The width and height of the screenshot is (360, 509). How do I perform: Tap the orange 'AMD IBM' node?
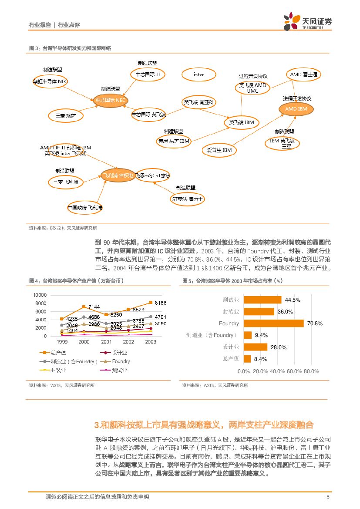click(x=296, y=109)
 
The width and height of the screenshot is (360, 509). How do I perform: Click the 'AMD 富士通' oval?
click(x=304, y=74)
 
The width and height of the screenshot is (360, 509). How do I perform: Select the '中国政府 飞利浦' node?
click(x=85, y=208)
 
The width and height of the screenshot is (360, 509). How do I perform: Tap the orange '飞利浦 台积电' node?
click(x=117, y=175)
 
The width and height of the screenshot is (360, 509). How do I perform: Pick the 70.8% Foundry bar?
click(x=273, y=323)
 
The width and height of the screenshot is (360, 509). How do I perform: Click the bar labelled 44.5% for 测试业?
click(x=262, y=300)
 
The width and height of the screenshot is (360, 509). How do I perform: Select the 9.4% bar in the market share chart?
click(x=248, y=335)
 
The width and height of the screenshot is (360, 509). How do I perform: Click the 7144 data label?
click(x=94, y=307)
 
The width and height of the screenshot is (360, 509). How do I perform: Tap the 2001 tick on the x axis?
click(x=106, y=342)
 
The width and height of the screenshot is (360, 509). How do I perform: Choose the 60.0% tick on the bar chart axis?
click(x=294, y=371)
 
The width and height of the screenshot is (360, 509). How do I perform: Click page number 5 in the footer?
click(x=327, y=497)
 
